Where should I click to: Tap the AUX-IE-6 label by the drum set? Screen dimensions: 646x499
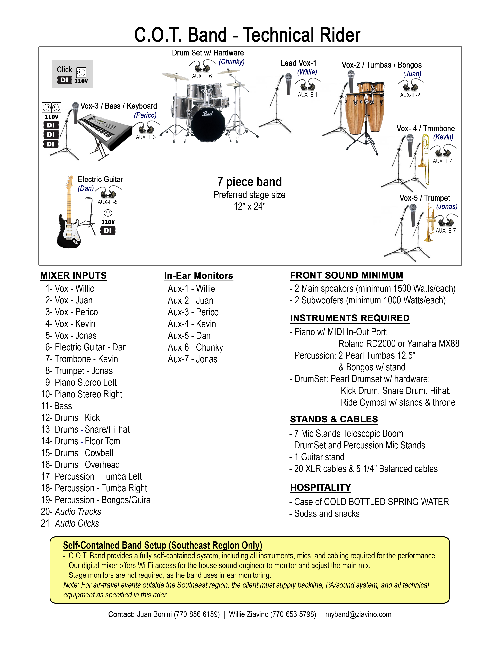[202, 76]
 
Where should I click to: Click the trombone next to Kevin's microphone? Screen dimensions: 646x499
[425, 160]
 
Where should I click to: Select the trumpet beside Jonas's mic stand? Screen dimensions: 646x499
[430, 222]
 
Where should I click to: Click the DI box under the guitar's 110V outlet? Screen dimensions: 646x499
[108, 230]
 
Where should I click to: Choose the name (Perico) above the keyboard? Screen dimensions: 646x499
[145, 115]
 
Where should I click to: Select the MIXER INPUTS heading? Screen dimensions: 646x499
[73, 276]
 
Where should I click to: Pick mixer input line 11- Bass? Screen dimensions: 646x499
[57, 406]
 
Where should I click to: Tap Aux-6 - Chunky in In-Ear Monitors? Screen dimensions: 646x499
[195, 347]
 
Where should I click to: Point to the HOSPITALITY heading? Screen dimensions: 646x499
[321, 487]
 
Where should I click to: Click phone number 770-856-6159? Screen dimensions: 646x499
[197, 614]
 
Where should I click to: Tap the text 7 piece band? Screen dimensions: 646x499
[249, 182]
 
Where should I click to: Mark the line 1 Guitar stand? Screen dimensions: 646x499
[320, 457]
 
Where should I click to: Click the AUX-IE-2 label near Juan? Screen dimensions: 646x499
[410, 95]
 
